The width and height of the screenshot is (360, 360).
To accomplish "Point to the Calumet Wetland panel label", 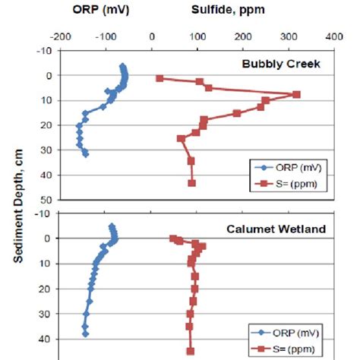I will click(x=279, y=229).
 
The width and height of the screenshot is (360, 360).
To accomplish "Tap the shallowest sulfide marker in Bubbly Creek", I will click(x=159, y=78).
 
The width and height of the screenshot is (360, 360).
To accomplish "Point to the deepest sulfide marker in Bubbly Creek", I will click(x=192, y=183).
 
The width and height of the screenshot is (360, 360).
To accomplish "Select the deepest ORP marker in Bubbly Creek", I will click(x=86, y=154).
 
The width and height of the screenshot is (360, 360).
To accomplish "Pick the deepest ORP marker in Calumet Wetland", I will click(x=86, y=333).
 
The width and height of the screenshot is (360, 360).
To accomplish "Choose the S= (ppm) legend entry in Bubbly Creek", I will click(x=281, y=183).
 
